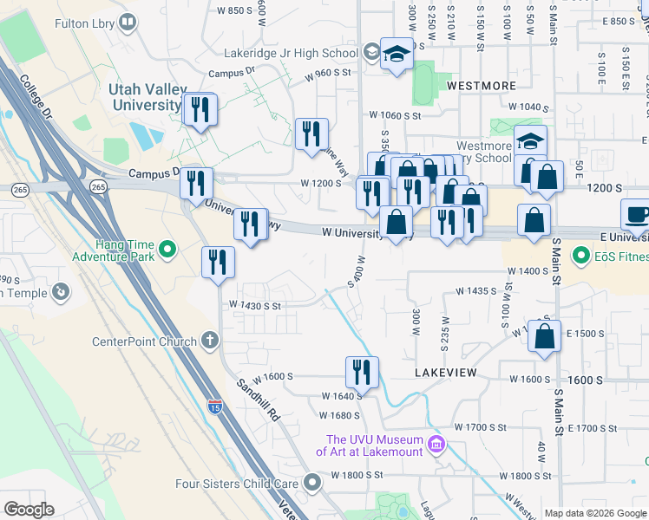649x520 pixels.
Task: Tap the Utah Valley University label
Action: [145, 97]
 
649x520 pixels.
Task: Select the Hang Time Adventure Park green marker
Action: [168, 251]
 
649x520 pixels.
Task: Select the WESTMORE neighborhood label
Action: [482, 87]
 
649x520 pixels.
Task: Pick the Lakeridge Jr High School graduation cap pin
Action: [397, 55]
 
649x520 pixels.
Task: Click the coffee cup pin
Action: [637, 214]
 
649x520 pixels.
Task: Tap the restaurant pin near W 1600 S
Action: [362, 372]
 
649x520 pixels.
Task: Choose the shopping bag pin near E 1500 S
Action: [544, 338]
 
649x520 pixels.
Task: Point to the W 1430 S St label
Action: [255, 305]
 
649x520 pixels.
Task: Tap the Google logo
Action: [29, 510]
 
